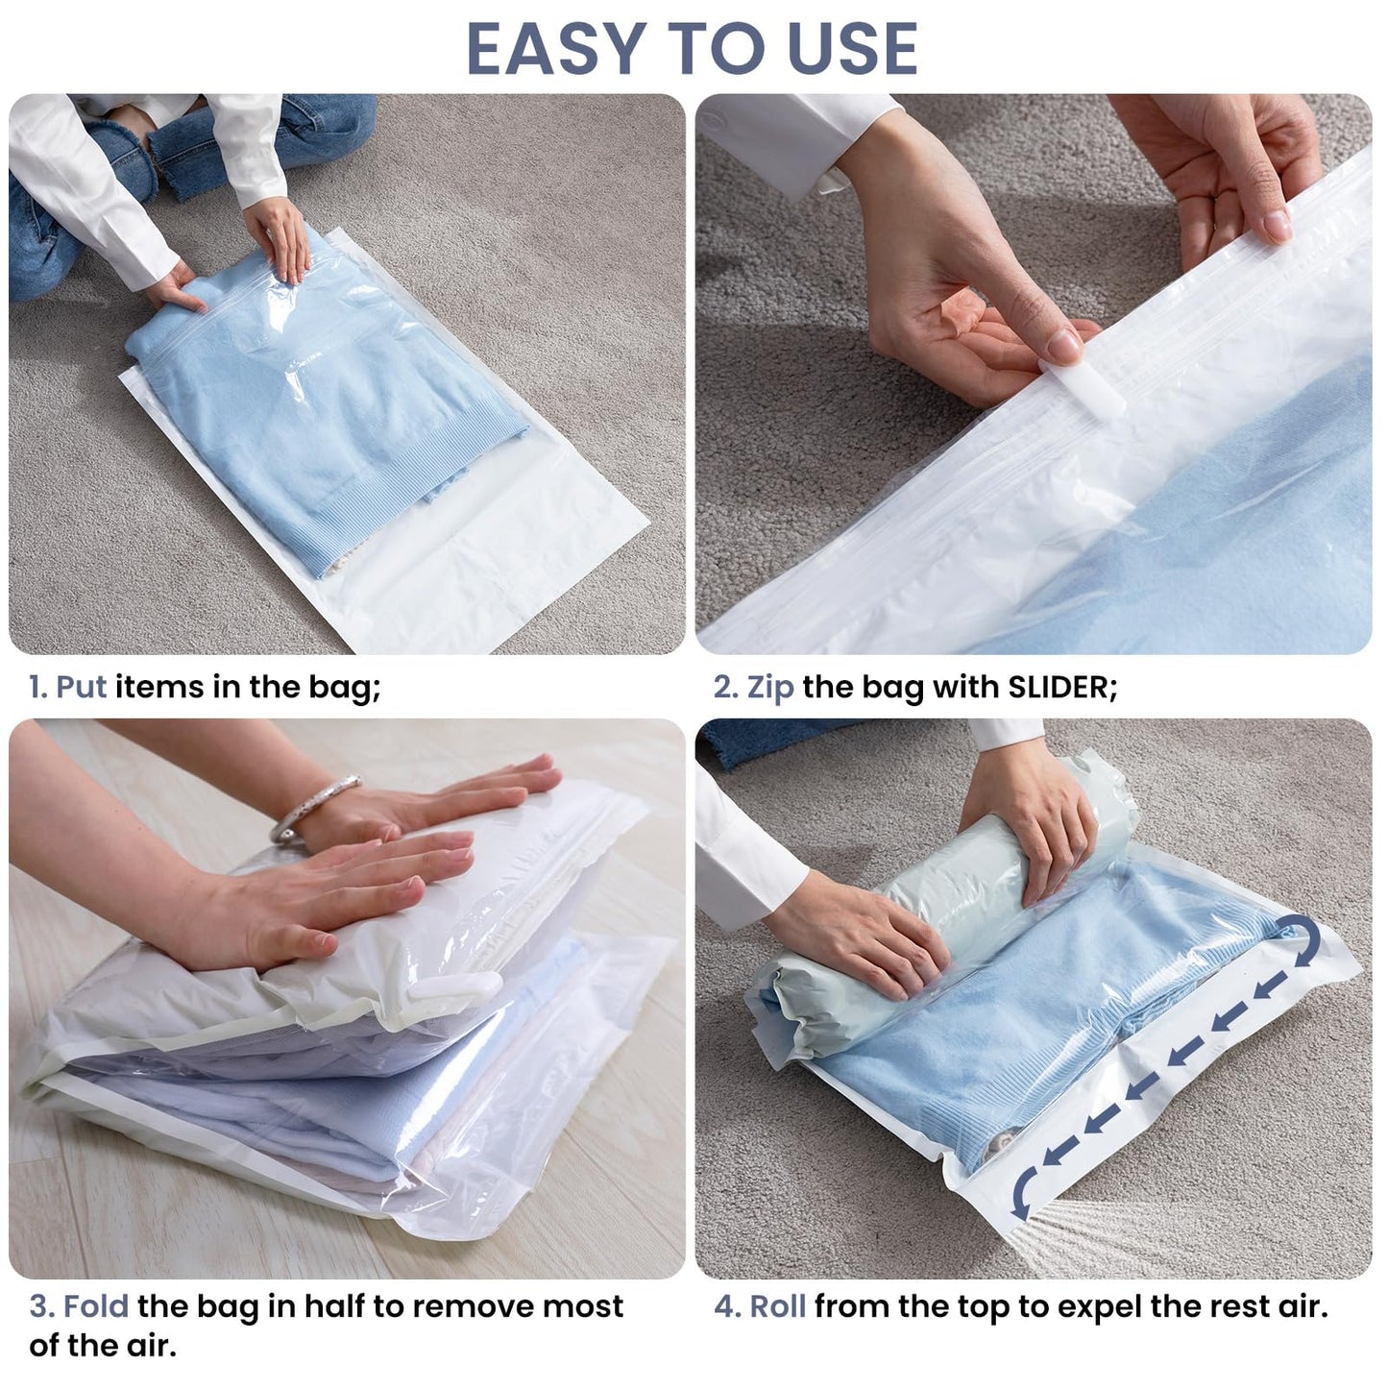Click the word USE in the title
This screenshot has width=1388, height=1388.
(852, 49)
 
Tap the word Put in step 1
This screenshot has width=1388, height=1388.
(81, 687)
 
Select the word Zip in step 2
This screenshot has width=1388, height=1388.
(769, 687)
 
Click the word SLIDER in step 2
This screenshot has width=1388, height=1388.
(1058, 687)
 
